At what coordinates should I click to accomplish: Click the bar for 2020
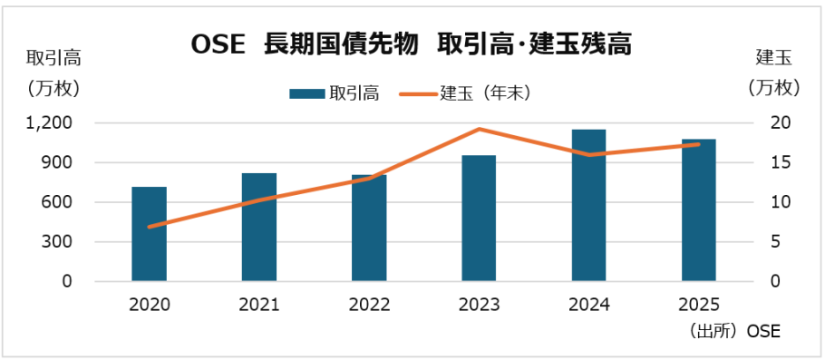click(149, 234)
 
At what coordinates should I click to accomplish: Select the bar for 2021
click(259, 228)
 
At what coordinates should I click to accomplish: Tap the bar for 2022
click(369, 229)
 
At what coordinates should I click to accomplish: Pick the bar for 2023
click(479, 219)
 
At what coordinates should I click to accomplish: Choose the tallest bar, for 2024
click(588, 206)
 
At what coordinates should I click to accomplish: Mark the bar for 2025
click(698, 210)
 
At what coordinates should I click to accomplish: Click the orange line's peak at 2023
click(479, 129)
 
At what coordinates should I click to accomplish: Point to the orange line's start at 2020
click(149, 227)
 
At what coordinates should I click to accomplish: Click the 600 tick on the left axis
click(59, 202)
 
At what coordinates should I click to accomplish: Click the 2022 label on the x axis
click(369, 305)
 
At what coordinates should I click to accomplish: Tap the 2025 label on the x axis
click(698, 305)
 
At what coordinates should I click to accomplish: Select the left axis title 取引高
click(53, 59)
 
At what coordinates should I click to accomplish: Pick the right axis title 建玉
click(773, 59)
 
